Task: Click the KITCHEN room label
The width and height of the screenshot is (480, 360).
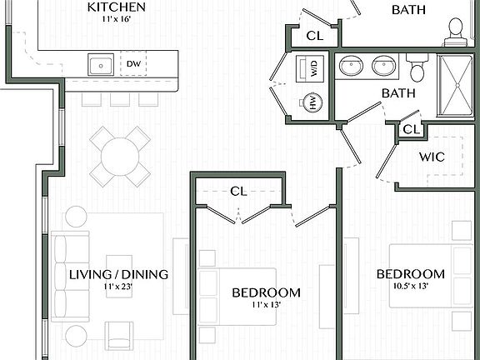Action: (x=117, y=7)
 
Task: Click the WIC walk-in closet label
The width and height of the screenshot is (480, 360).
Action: (x=431, y=156)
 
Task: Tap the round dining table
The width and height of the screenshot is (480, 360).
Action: (x=120, y=156)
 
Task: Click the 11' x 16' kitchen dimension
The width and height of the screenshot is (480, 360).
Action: (x=117, y=22)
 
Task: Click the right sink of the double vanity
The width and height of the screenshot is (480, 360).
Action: (x=384, y=65)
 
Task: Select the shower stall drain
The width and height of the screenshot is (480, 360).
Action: (x=457, y=83)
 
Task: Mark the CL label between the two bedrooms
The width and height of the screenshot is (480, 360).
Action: (x=238, y=191)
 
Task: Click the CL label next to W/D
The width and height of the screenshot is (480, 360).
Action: (x=314, y=35)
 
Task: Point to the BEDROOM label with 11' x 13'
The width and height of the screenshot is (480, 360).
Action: (x=266, y=292)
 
